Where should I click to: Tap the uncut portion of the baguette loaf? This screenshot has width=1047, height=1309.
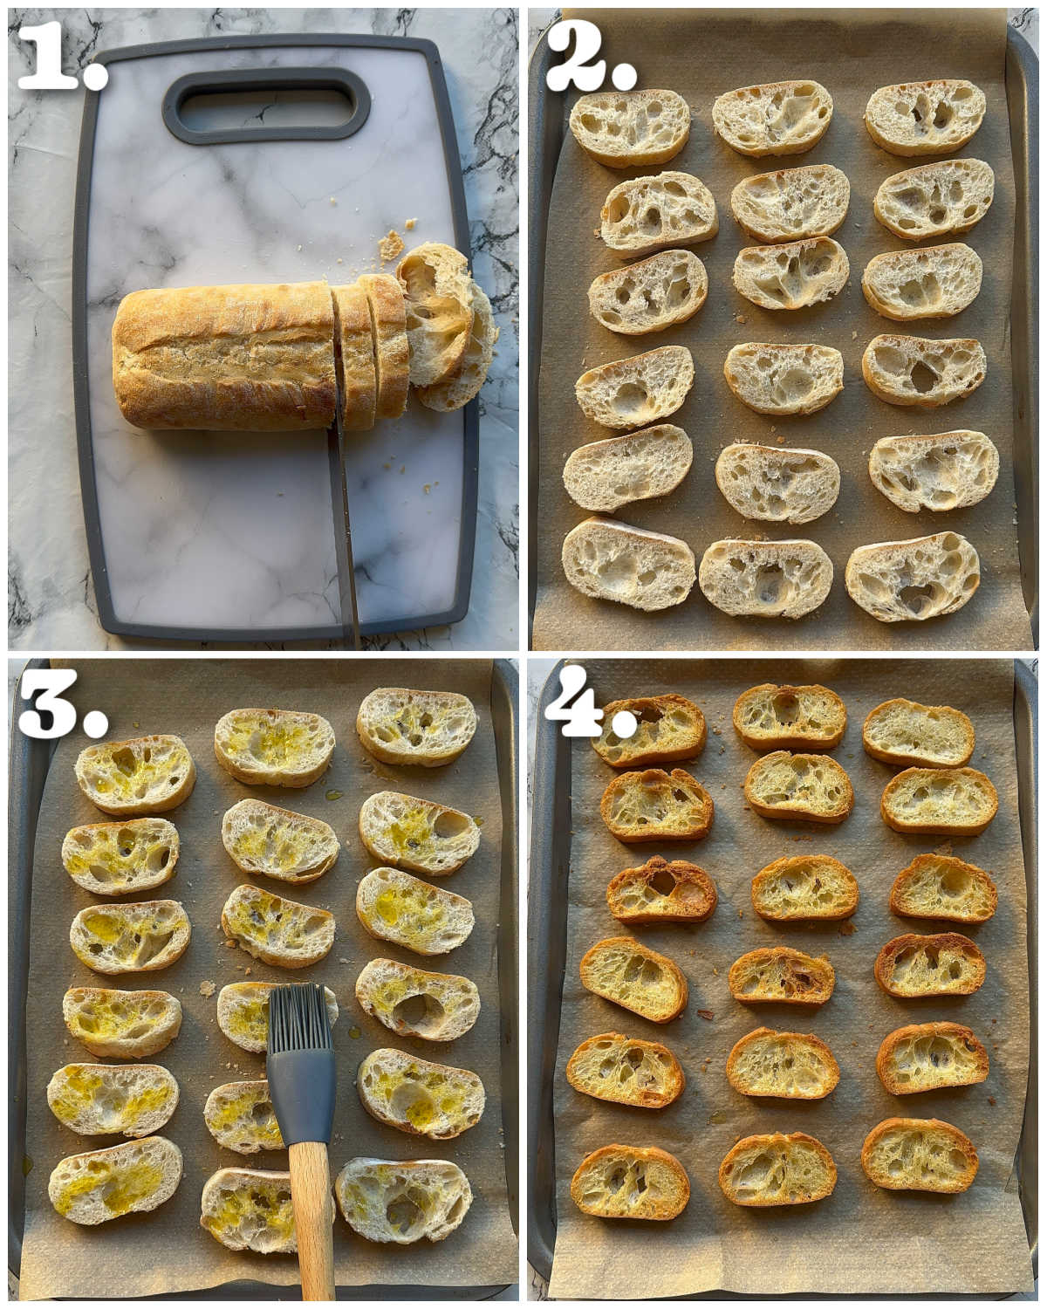(222, 356)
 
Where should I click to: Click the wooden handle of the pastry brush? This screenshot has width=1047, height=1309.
(311, 1213)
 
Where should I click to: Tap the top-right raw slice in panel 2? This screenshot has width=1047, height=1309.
(925, 117)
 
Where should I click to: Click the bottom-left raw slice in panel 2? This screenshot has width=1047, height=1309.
(628, 564)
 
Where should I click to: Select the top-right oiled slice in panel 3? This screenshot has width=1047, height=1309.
(417, 726)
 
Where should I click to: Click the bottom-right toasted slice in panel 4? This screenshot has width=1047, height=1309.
(920, 1155)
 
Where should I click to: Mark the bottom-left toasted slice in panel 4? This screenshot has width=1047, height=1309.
(630, 1182)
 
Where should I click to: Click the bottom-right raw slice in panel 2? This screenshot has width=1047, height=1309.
(913, 576)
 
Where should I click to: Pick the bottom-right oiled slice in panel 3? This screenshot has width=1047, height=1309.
(403, 1200)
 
